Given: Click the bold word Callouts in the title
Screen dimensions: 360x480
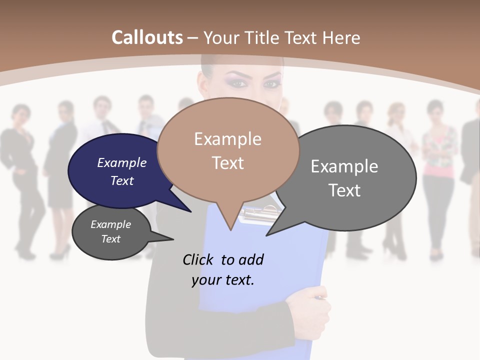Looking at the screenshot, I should point(147,37).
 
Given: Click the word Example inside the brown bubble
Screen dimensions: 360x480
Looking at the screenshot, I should point(227,139).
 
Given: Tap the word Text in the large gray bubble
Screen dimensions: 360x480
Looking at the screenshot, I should point(344,190).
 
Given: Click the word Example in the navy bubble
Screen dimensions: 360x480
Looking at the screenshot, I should point(121,162).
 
